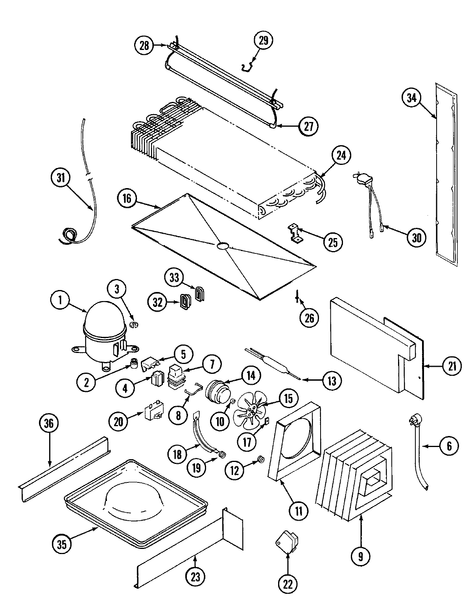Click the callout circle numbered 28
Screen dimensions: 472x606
[x=144, y=46]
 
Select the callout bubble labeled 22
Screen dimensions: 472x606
[x=288, y=584]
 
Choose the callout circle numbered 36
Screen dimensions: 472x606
[x=49, y=423]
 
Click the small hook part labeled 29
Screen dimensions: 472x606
[x=247, y=67]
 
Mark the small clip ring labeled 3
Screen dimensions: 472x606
[x=135, y=324]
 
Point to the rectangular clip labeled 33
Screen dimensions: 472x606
[x=199, y=294]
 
